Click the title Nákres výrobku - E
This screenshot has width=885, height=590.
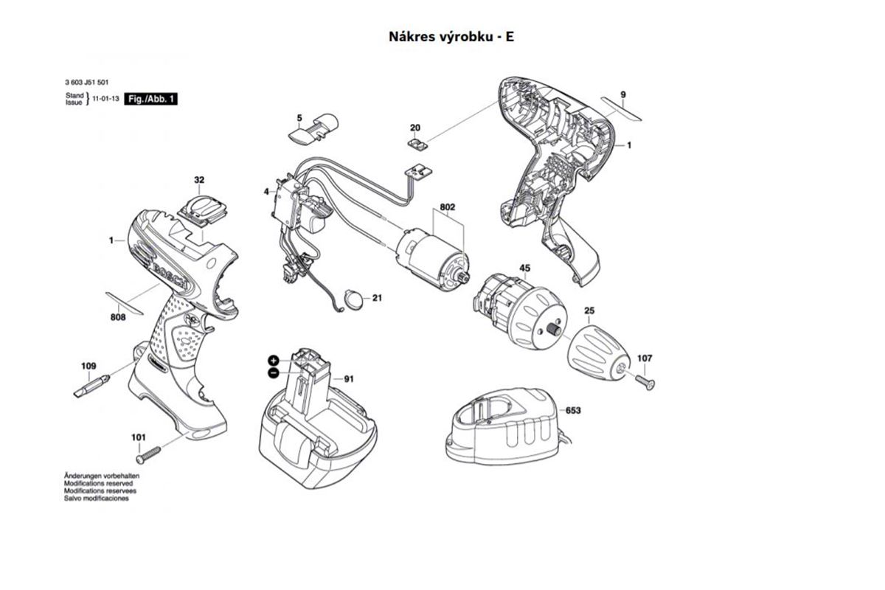[x=451, y=36]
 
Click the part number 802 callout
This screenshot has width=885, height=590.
[x=447, y=208]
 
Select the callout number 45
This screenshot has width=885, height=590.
[x=524, y=268]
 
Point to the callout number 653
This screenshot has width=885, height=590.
[x=573, y=410]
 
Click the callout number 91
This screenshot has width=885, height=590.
[x=349, y=379]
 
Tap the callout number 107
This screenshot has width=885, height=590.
[x=645, y=358]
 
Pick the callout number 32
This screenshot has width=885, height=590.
[x=199, y=180]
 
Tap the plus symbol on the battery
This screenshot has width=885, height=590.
[x=273, y=360]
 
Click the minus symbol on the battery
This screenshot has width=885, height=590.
[x=273, y=373]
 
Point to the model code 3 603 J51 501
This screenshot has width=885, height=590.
[x=87, y=86]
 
